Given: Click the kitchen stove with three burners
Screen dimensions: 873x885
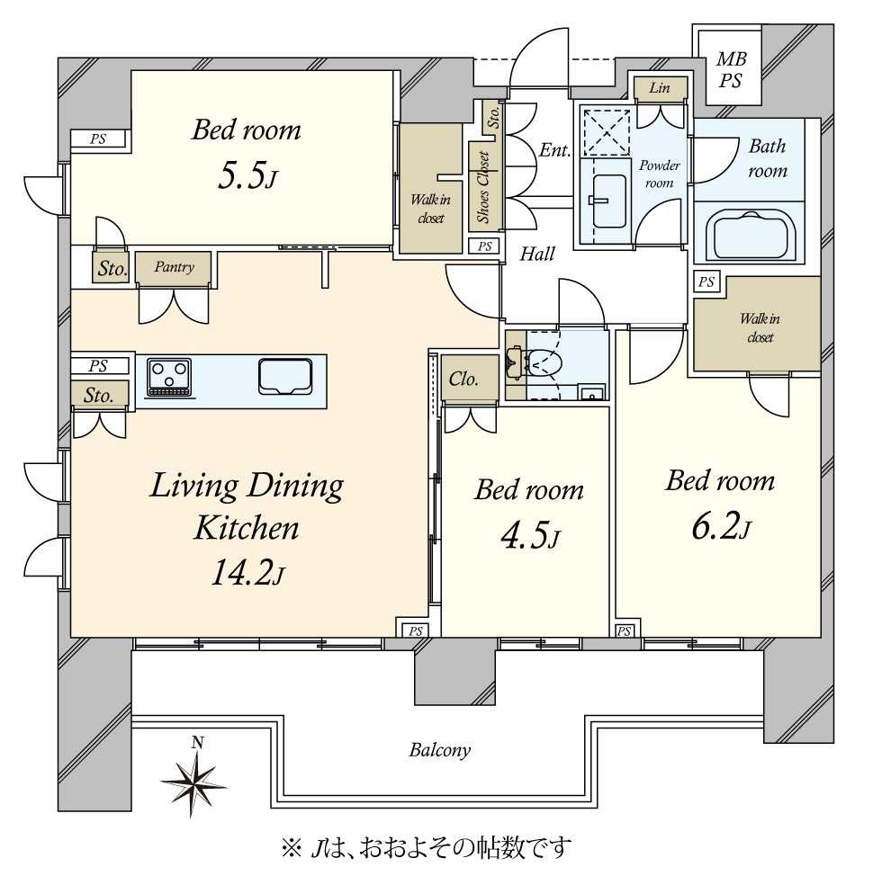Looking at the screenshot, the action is tap(169, 377).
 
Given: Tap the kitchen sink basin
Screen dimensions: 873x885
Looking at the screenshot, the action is tap(285, 377).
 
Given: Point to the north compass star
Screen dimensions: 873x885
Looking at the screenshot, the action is tap(194, 782).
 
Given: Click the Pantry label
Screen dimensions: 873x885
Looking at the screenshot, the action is tap(174, 266).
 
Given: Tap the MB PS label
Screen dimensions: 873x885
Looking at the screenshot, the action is tap(731, 69).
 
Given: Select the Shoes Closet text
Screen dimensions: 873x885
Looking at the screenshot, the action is tap(483, 187).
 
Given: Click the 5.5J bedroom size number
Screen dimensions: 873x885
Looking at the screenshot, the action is tap(247, 175).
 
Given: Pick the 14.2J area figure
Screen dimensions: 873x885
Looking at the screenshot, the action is tap(247, 572).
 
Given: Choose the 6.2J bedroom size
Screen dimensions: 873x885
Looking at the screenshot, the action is tap(721, 527).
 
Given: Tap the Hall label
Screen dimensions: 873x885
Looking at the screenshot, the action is tap(537, 254).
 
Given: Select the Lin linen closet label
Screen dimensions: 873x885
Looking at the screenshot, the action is tap(660, 87).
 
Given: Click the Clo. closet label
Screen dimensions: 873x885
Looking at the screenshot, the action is tap(463, 379).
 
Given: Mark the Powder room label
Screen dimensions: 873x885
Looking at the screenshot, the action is tap(659, 174).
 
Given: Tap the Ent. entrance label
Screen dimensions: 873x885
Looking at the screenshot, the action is tap(554, 149).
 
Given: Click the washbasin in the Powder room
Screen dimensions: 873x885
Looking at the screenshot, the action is tap(608, 201).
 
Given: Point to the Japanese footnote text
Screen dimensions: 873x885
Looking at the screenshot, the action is tap(427, 847).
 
